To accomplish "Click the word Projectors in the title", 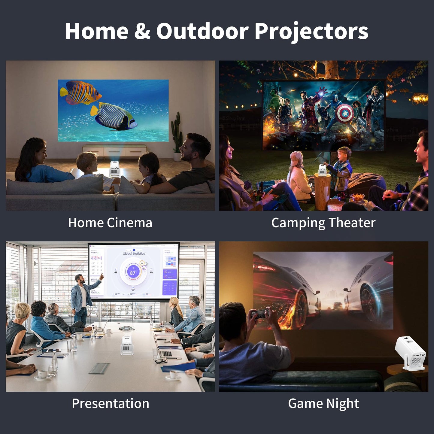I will (311, 32).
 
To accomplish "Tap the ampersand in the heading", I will (142, 31).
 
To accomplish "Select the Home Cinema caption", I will (110, 223).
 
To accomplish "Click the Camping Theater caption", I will (323, 223).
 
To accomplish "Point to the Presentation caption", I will (110, 403).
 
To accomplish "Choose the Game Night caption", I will (323, 403).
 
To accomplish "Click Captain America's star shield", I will (345, 114).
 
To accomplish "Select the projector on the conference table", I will (127, 345).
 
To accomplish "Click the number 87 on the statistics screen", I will (132, 273).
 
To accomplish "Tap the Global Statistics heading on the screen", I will (134, 254).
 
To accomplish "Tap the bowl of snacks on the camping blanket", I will (357, 197).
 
